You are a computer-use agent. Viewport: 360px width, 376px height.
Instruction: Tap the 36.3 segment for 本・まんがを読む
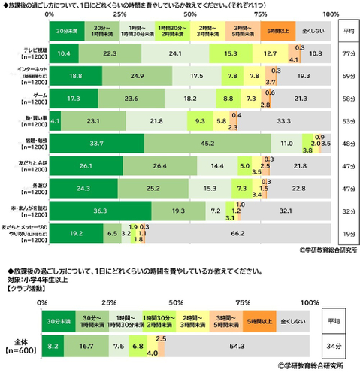click(98, 211)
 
